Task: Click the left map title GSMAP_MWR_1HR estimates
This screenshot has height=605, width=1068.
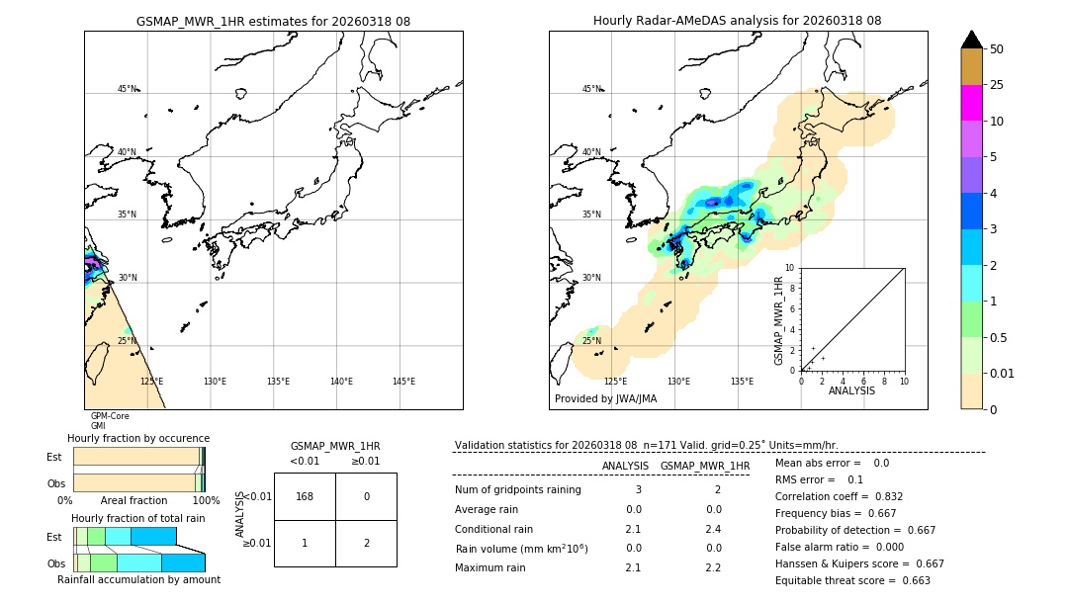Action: (x=273, y=21)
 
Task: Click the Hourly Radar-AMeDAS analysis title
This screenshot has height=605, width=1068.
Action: (x=737, y=21)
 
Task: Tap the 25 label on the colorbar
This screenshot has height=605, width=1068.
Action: (x=998, y=85)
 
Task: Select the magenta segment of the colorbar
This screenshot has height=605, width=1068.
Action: (x=971, y=103)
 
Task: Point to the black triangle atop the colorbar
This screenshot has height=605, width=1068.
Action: (x=971, y=40)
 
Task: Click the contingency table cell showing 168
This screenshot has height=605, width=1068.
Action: (x=305, y=496)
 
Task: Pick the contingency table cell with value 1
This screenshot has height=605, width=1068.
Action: (x=305, y=543)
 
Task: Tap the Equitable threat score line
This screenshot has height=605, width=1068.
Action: (x=852, y=580)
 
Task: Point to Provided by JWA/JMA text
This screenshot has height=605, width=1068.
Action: (x=605, y=398)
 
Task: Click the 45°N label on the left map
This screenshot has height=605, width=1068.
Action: (x=128, y=89)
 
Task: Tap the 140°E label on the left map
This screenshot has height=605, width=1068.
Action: (x=341, y=382)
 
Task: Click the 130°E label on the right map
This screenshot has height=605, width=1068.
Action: (x=678, y=382)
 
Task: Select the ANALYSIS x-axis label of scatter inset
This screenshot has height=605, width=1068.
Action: (x=851, y=390)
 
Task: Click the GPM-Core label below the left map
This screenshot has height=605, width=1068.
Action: (x=110, y=416)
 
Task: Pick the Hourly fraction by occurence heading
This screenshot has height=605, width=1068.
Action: (x=138, y=438)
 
